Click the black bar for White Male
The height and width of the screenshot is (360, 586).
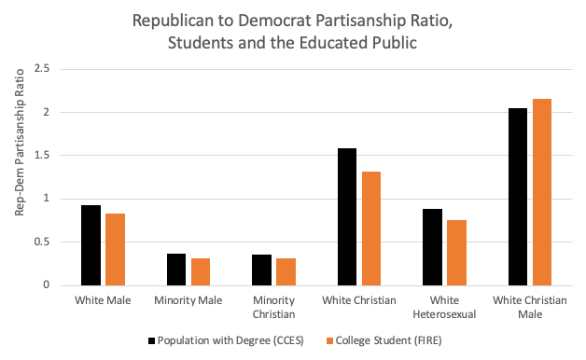coord(91,245)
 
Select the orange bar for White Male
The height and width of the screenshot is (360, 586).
coord(114,249)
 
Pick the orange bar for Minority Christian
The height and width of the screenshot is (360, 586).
coord(286,271)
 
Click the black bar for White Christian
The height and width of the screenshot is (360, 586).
coord(347,216)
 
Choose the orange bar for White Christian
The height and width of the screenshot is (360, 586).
coord(370,228)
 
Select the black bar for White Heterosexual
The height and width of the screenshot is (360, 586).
coord(432,247)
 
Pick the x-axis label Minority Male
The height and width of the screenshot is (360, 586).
coord(188,300)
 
